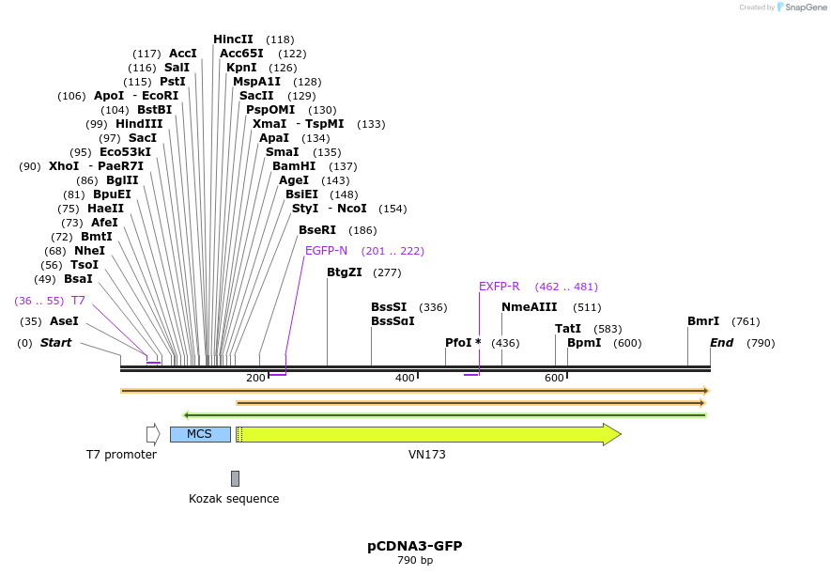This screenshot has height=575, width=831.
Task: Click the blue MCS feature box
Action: click(200, 434)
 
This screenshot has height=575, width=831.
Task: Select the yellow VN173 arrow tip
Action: click(611, 434)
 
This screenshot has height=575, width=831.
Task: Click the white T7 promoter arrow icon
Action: click(153, 434)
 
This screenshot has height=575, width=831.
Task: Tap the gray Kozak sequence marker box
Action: click(235, 478)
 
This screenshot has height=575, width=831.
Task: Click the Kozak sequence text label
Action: click(234, 499)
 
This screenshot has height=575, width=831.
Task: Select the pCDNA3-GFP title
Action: click(414, 546)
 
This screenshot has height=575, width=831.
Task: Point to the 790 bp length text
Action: click(414, 561)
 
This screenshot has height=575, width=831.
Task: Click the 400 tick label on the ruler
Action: click(405, 378)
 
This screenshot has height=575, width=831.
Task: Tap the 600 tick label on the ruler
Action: click(554, 378)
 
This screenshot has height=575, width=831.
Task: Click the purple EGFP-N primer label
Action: click(326, 251)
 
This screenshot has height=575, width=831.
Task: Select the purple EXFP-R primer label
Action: click(499, 287)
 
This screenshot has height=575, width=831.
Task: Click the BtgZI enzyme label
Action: click(344, 272)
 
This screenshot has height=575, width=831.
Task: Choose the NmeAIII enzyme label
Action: click(529, 307)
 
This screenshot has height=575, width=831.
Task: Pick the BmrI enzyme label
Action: click(703, 321)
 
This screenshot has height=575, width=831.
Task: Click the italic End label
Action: click(721, 343)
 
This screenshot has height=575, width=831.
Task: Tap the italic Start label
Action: click(55, 343)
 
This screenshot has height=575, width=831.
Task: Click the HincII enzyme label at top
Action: click(233, 39)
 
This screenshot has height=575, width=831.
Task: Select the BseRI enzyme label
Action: click(317, 230)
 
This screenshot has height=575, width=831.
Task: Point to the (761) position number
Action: click(746, 321)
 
